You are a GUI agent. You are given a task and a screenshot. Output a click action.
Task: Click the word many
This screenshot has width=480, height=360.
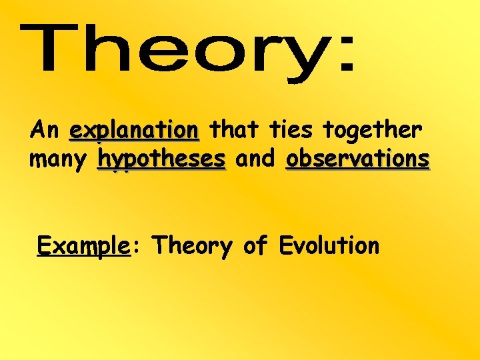pos(59,160)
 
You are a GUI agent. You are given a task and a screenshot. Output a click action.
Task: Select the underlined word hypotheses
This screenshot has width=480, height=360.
pos(161,160)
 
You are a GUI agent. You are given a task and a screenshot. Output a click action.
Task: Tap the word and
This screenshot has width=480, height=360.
pos(255,159)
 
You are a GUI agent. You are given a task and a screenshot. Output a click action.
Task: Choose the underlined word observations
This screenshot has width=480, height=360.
pos(357,159)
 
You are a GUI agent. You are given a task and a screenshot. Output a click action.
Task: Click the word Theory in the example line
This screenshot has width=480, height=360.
pos(191,247)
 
